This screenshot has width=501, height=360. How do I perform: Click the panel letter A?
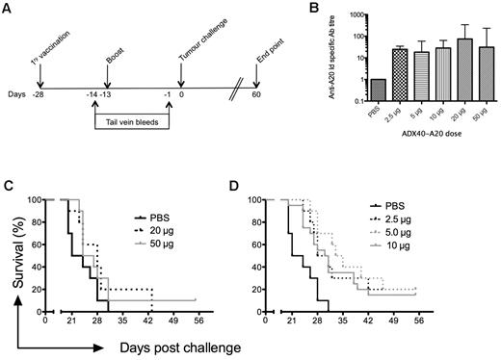[x=9, y=9]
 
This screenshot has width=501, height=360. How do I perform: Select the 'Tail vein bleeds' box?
[x=133, y=122]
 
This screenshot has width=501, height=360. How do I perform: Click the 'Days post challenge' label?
[x=174, y=342]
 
